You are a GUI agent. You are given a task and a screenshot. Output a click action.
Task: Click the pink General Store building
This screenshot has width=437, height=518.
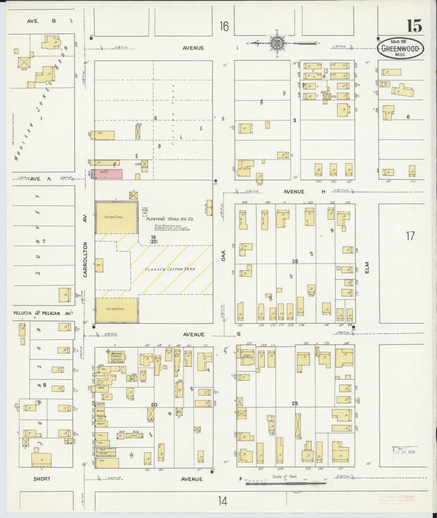[x=109, y=174]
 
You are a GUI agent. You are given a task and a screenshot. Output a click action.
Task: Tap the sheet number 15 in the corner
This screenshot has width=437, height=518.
[x=414, y=26]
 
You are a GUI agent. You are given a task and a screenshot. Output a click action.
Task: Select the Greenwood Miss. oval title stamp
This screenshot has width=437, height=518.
[x=400, y=48]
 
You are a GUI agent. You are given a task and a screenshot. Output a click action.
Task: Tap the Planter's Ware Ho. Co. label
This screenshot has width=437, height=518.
[x=169, y=219]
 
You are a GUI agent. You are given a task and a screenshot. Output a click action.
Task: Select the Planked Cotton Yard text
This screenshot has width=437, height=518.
[x=170, y=269]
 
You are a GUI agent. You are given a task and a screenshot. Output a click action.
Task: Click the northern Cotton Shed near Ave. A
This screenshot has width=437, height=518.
[x=117, y=217]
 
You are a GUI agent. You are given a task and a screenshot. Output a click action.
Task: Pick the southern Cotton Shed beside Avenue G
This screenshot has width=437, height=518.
[x=117, y=309]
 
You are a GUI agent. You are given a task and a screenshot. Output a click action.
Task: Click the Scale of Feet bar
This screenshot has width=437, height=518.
[x=285, y=484]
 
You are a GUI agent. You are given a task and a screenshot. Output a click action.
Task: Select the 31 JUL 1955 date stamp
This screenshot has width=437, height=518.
[x=405, y=452]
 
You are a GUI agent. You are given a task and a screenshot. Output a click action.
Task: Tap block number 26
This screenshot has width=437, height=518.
[x=295, y=261]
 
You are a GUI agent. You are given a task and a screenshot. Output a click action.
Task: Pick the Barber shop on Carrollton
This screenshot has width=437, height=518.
[x=101, y=411]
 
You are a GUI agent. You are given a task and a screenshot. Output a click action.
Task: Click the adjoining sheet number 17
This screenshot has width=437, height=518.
[x=410, y=236]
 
